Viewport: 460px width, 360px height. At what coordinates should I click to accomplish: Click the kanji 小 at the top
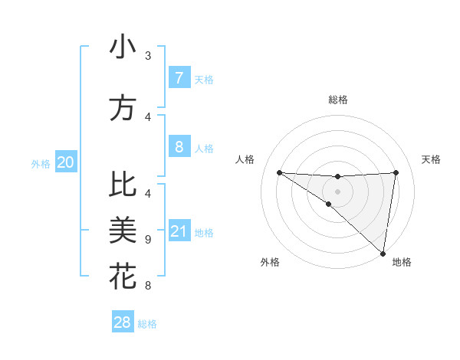click(123, 47)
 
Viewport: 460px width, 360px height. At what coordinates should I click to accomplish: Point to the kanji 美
click(123, 231)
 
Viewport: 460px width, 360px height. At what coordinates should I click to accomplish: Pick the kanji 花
click(123, 276)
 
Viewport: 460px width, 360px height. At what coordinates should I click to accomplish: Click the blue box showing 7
click(179, 78)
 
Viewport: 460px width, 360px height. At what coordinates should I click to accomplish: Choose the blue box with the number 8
click(179, 146)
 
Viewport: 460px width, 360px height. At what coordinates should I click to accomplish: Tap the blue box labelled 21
click(179, 232)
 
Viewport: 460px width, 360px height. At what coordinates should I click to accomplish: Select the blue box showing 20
click(65, 162)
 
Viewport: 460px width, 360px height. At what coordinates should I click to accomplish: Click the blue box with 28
click(123, 322)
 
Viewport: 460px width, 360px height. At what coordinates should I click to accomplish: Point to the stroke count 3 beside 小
click(148, 55)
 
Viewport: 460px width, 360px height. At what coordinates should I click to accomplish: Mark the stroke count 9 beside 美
click(148, 239)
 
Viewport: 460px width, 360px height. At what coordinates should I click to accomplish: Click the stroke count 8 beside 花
click(148, 286)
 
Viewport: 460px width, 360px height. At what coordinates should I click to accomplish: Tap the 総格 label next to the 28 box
click(147, 324)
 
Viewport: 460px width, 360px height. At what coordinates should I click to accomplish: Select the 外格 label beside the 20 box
click(41, 163)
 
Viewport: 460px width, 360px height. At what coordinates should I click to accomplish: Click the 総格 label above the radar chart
click(337, 100)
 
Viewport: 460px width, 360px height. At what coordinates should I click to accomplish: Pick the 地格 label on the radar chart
click(402, 262)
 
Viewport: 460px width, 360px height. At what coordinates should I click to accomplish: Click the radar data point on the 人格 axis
click(279, 172)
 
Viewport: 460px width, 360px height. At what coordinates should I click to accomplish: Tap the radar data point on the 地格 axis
click(383, 254)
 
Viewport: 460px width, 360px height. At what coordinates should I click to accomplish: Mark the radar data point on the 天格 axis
click(396, 172)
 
